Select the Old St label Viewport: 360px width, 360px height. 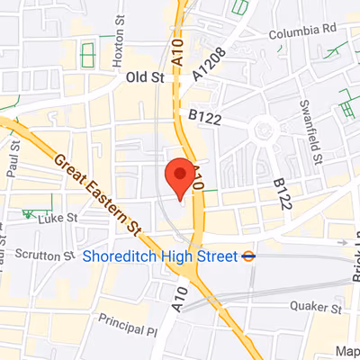click(x=145, y=77)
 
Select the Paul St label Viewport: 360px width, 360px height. click(x=12, y=166)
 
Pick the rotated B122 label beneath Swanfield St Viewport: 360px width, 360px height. click(x=280, y=192)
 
